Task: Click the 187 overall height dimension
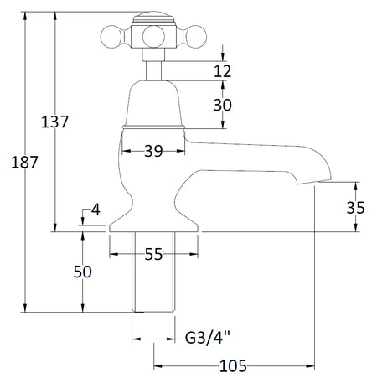pyautogui.click(x=24, y=163)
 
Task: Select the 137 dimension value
pyautogui.click(x=54, y=122)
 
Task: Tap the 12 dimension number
pyautogui.click(x=223, y=71)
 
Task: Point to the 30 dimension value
pyautogui.click(x=223, y=105)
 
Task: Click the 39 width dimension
pyautogui.click(x=153, y=151)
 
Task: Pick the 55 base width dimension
pyautogui.click(x=153, y=254)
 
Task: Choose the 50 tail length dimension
pyautogui.click(x=82, y=272)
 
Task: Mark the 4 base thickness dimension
pyautogui.click(x=96, y=210)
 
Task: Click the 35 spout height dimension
pyautogui.click(x=355, y=208)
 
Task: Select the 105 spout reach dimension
pyautogui.click(x=233, y=366)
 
